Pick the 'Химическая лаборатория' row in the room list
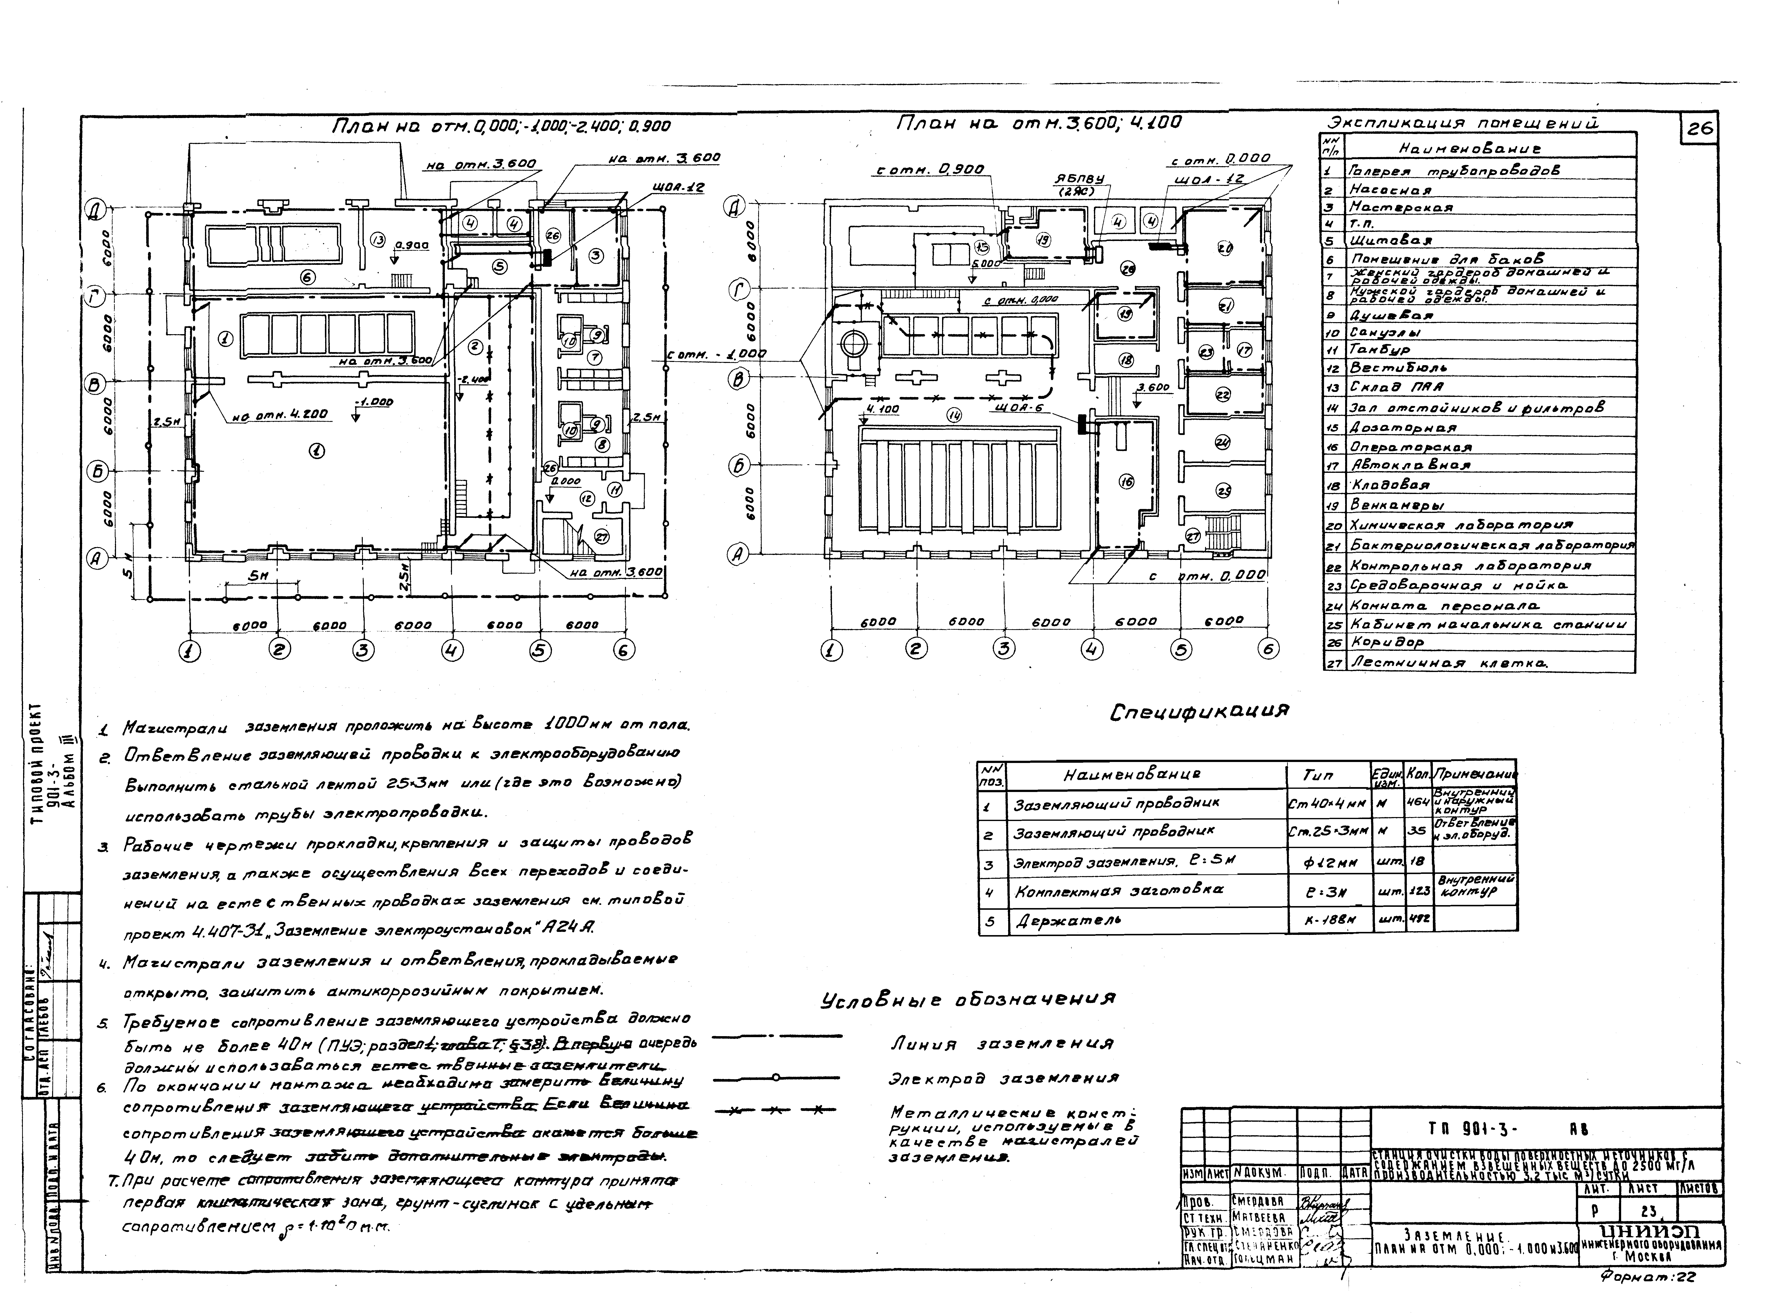click(x=1461, y=526)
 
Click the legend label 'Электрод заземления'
click(x=1004, y=1078)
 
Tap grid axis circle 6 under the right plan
click(x=1268, y=649)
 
